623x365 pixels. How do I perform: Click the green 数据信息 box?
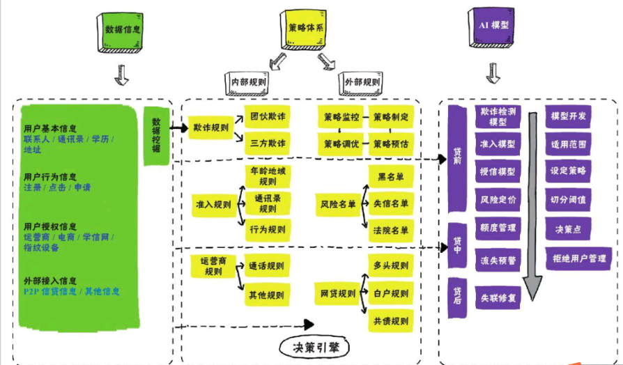[121, 31]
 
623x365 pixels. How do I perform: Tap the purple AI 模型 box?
[493, 26]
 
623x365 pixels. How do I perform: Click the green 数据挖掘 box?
[157, 135]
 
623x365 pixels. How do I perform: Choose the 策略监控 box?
[341, 116]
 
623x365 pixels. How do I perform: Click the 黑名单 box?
[392, 177]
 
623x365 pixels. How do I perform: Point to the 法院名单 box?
[392, 230]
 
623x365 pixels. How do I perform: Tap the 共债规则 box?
[392, 321]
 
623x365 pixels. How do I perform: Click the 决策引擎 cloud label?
[314, 346]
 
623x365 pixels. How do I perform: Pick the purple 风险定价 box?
[498, 199]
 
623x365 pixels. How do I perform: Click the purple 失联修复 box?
[498, 297]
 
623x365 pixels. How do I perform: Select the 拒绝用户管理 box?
[578, 258]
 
